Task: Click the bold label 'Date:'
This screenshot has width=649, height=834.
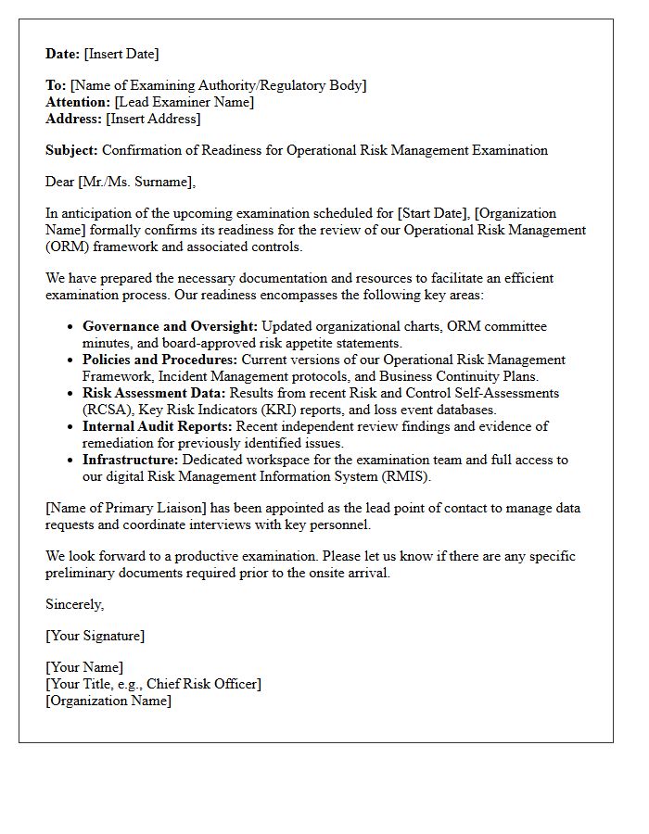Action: point(63,54)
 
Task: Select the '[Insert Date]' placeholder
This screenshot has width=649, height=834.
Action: point(121,54)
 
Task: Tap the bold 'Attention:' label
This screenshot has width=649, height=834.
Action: point(78,102)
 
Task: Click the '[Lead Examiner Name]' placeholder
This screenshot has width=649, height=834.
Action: point(184,102)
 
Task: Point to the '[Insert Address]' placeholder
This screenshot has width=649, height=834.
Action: point(153,119)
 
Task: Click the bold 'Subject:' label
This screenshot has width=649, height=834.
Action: point(71,150)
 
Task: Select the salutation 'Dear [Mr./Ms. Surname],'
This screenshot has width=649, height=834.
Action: point(121,182)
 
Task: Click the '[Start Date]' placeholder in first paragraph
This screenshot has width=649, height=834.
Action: point(433,213)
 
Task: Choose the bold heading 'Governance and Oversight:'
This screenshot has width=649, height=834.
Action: point(170,326)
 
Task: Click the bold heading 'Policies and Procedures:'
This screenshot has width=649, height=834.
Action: point(159,360)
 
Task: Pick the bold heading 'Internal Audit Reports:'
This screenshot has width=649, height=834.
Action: point(158,426)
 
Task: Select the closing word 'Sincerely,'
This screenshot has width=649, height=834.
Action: point(75,604)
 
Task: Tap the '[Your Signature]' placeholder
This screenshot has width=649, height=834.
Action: point(95,636)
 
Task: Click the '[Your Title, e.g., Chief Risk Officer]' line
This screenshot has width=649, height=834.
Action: point(153,684)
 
